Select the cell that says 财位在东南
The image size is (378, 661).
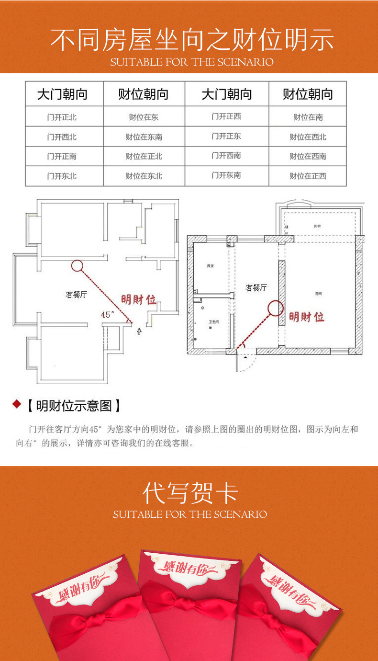(144, 137)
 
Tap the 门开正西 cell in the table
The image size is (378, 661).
(226, 116)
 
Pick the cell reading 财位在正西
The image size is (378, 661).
(308, 176)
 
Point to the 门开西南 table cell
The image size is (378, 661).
(226, 156)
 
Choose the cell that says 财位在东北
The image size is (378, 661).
(144, 176)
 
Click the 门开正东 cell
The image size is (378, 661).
(226, 137)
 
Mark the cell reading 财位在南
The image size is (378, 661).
(308, 117)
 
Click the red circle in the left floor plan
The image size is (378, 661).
(77, 266)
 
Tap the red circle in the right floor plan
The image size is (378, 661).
(275, 308)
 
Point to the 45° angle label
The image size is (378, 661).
(108, 315)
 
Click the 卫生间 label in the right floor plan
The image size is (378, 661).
(213, 321)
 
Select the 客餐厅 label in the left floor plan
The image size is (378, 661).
(76, 295)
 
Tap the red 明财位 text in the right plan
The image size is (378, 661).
(306, 317)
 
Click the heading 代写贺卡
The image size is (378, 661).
(190, 493)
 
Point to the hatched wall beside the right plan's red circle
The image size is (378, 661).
(282, 292)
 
